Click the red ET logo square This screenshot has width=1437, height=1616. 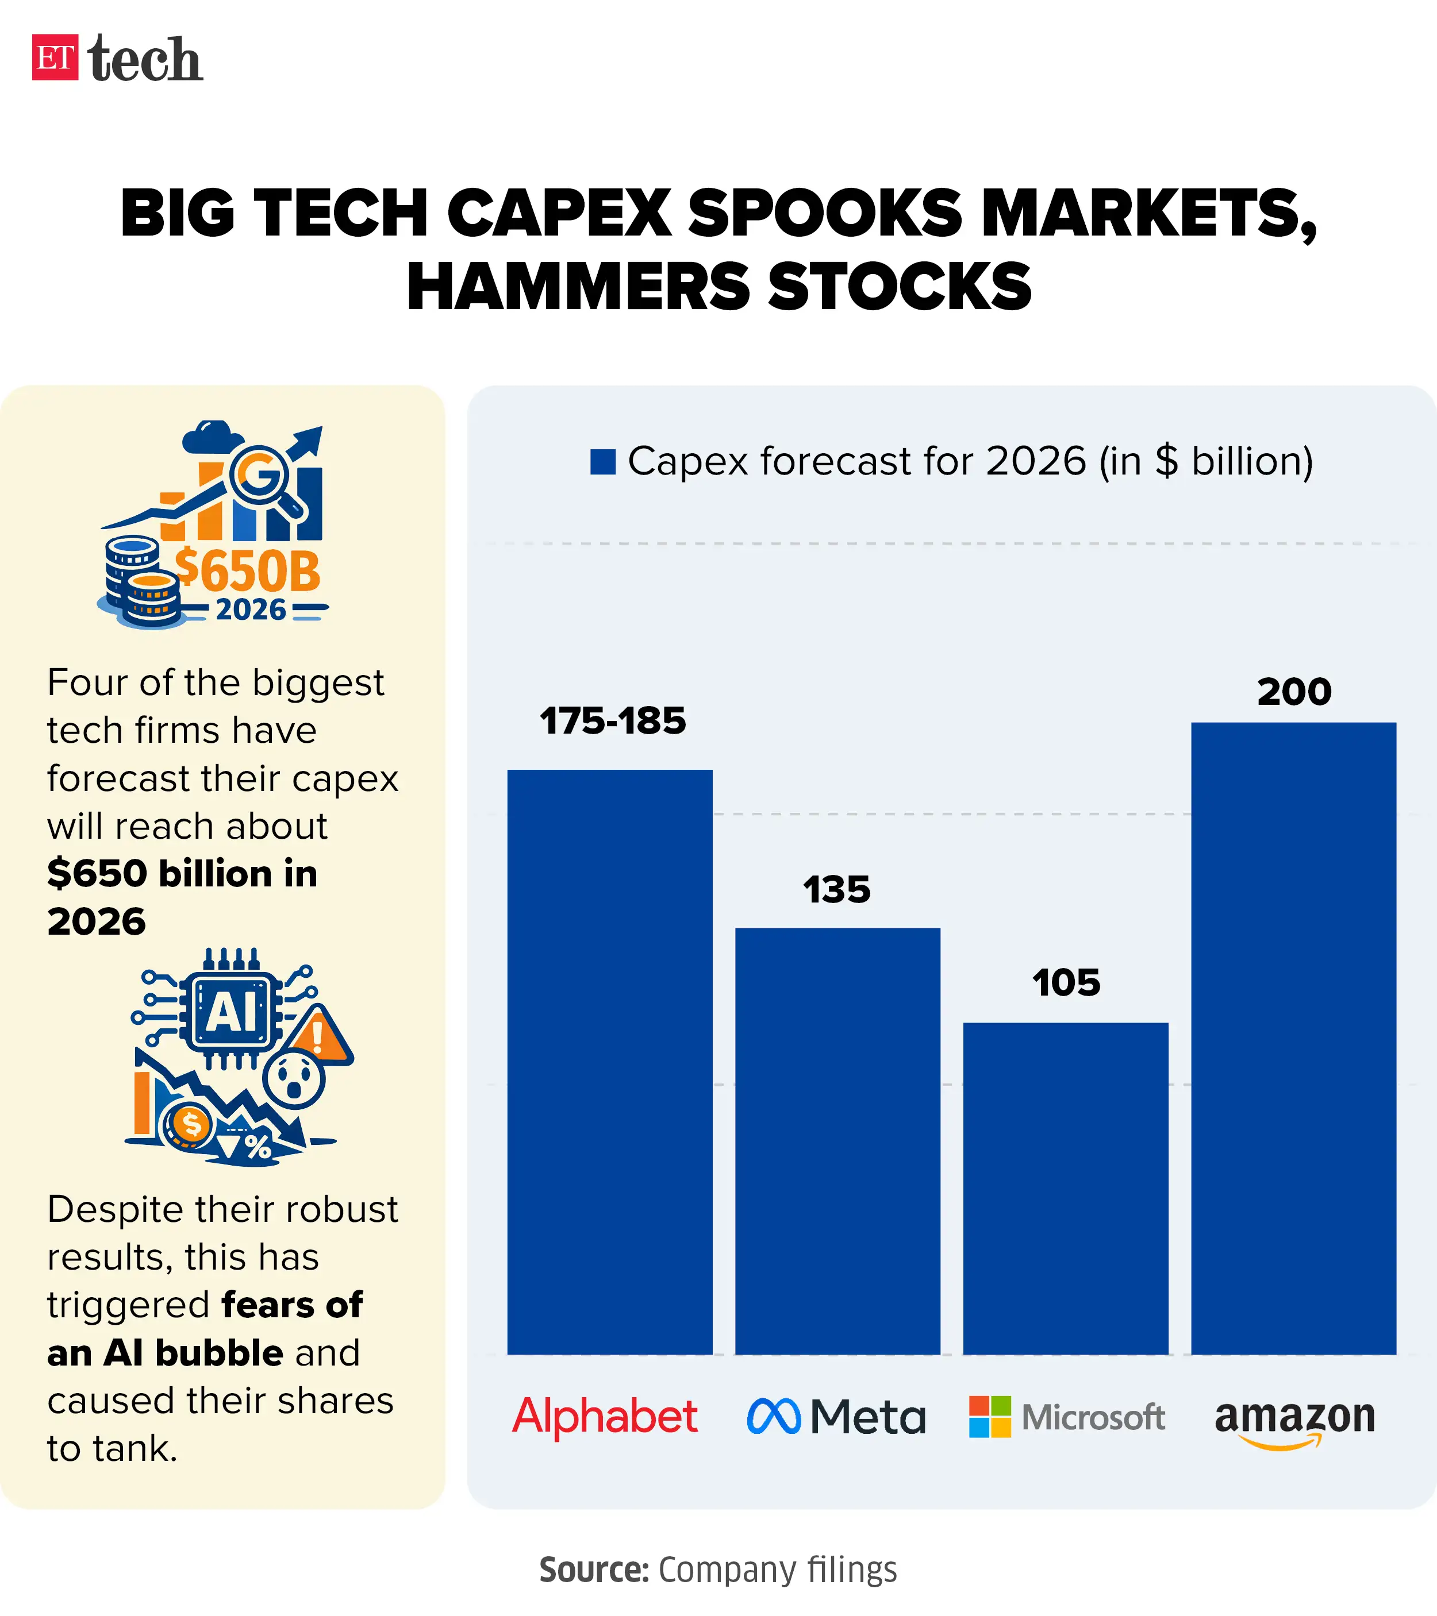(55, 57)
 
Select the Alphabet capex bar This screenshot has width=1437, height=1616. (610, 1062)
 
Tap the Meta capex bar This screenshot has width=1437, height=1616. (837, 1141)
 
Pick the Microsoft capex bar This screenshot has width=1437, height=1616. (1065, 1188)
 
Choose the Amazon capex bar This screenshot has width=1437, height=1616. (1293, 1038)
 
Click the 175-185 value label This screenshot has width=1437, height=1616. (613, 721)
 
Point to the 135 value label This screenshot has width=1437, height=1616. (837, 890)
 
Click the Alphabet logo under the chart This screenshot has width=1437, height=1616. (605, 1417)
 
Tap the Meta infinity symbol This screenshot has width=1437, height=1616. (774, 1416)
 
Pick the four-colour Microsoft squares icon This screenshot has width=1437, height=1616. (989, 1417)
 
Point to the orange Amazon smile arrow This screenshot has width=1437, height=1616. (1281, 1443)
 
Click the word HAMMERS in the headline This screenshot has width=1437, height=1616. (577, 286)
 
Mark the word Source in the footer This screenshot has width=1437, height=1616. (593, 1570)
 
